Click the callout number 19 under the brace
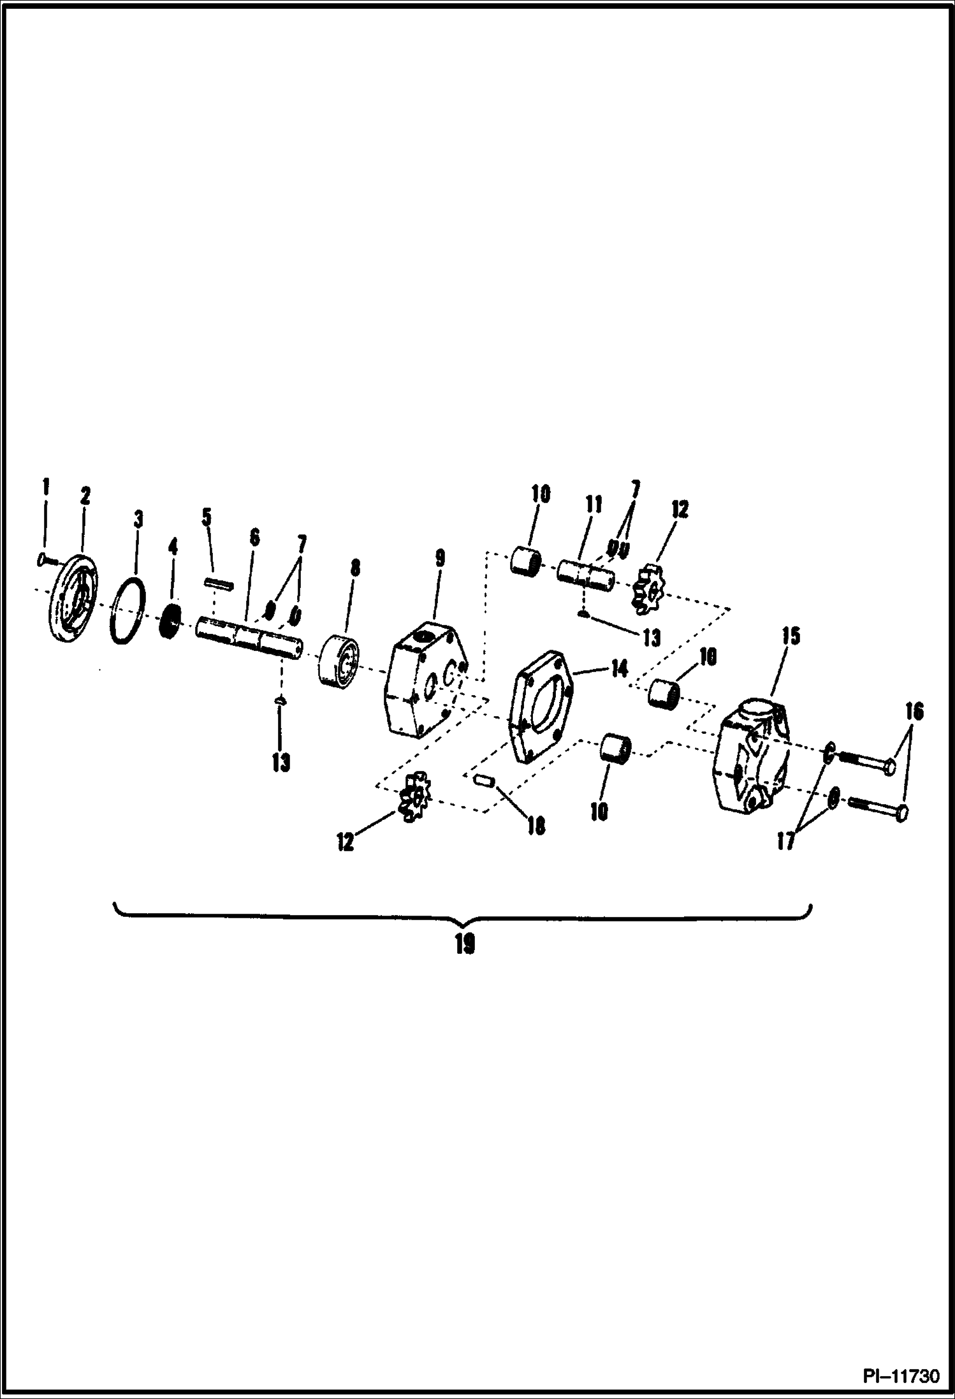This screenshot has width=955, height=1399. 465,944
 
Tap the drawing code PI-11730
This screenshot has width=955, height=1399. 901,1375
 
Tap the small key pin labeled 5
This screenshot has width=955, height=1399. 219,583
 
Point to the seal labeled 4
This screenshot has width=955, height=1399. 170,619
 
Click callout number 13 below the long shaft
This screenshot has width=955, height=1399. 281,761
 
